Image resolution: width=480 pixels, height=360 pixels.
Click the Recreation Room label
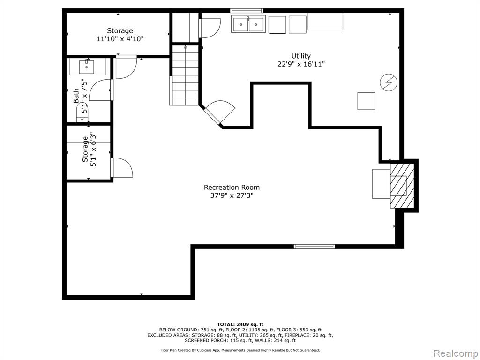coord(232,187)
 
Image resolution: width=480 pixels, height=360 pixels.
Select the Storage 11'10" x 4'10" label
coord(120,35)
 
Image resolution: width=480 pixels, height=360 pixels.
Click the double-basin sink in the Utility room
coord(248,24)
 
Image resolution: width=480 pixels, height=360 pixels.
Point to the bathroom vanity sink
coord(87,67)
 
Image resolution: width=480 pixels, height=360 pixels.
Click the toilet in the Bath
coord(82,112)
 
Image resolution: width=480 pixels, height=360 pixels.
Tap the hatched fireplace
coord(402,186)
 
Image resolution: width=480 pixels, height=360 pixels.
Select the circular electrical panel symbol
coord(389,82)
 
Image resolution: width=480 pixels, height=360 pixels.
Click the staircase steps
coord(185,75)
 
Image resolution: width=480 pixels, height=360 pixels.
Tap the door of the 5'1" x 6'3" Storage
coord(122,167)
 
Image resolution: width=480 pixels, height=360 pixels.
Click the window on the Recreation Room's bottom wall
coord(315,247)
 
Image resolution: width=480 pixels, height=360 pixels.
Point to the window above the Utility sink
coord(247,11)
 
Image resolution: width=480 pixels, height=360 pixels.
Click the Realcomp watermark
coord(454,353)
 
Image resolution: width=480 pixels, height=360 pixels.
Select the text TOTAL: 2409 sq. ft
coord(240,324)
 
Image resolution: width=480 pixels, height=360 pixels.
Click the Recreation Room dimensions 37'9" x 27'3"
coord(232,195)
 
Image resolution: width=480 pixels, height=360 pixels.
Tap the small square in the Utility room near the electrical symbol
coord(366,101)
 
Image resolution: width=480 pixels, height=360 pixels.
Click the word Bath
coord(76,96)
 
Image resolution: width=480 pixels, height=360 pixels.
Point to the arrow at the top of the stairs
coord(185,47)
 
